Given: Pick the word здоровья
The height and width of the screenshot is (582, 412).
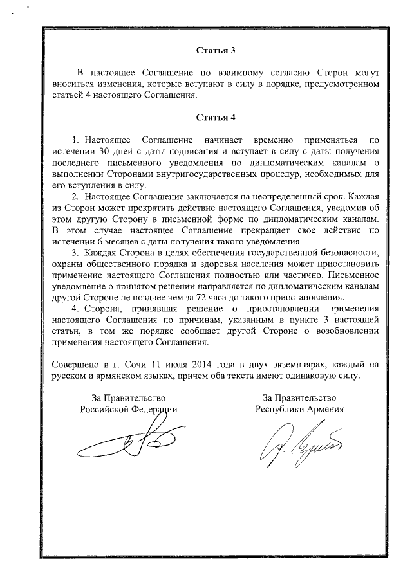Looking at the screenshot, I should pos(226,273).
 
